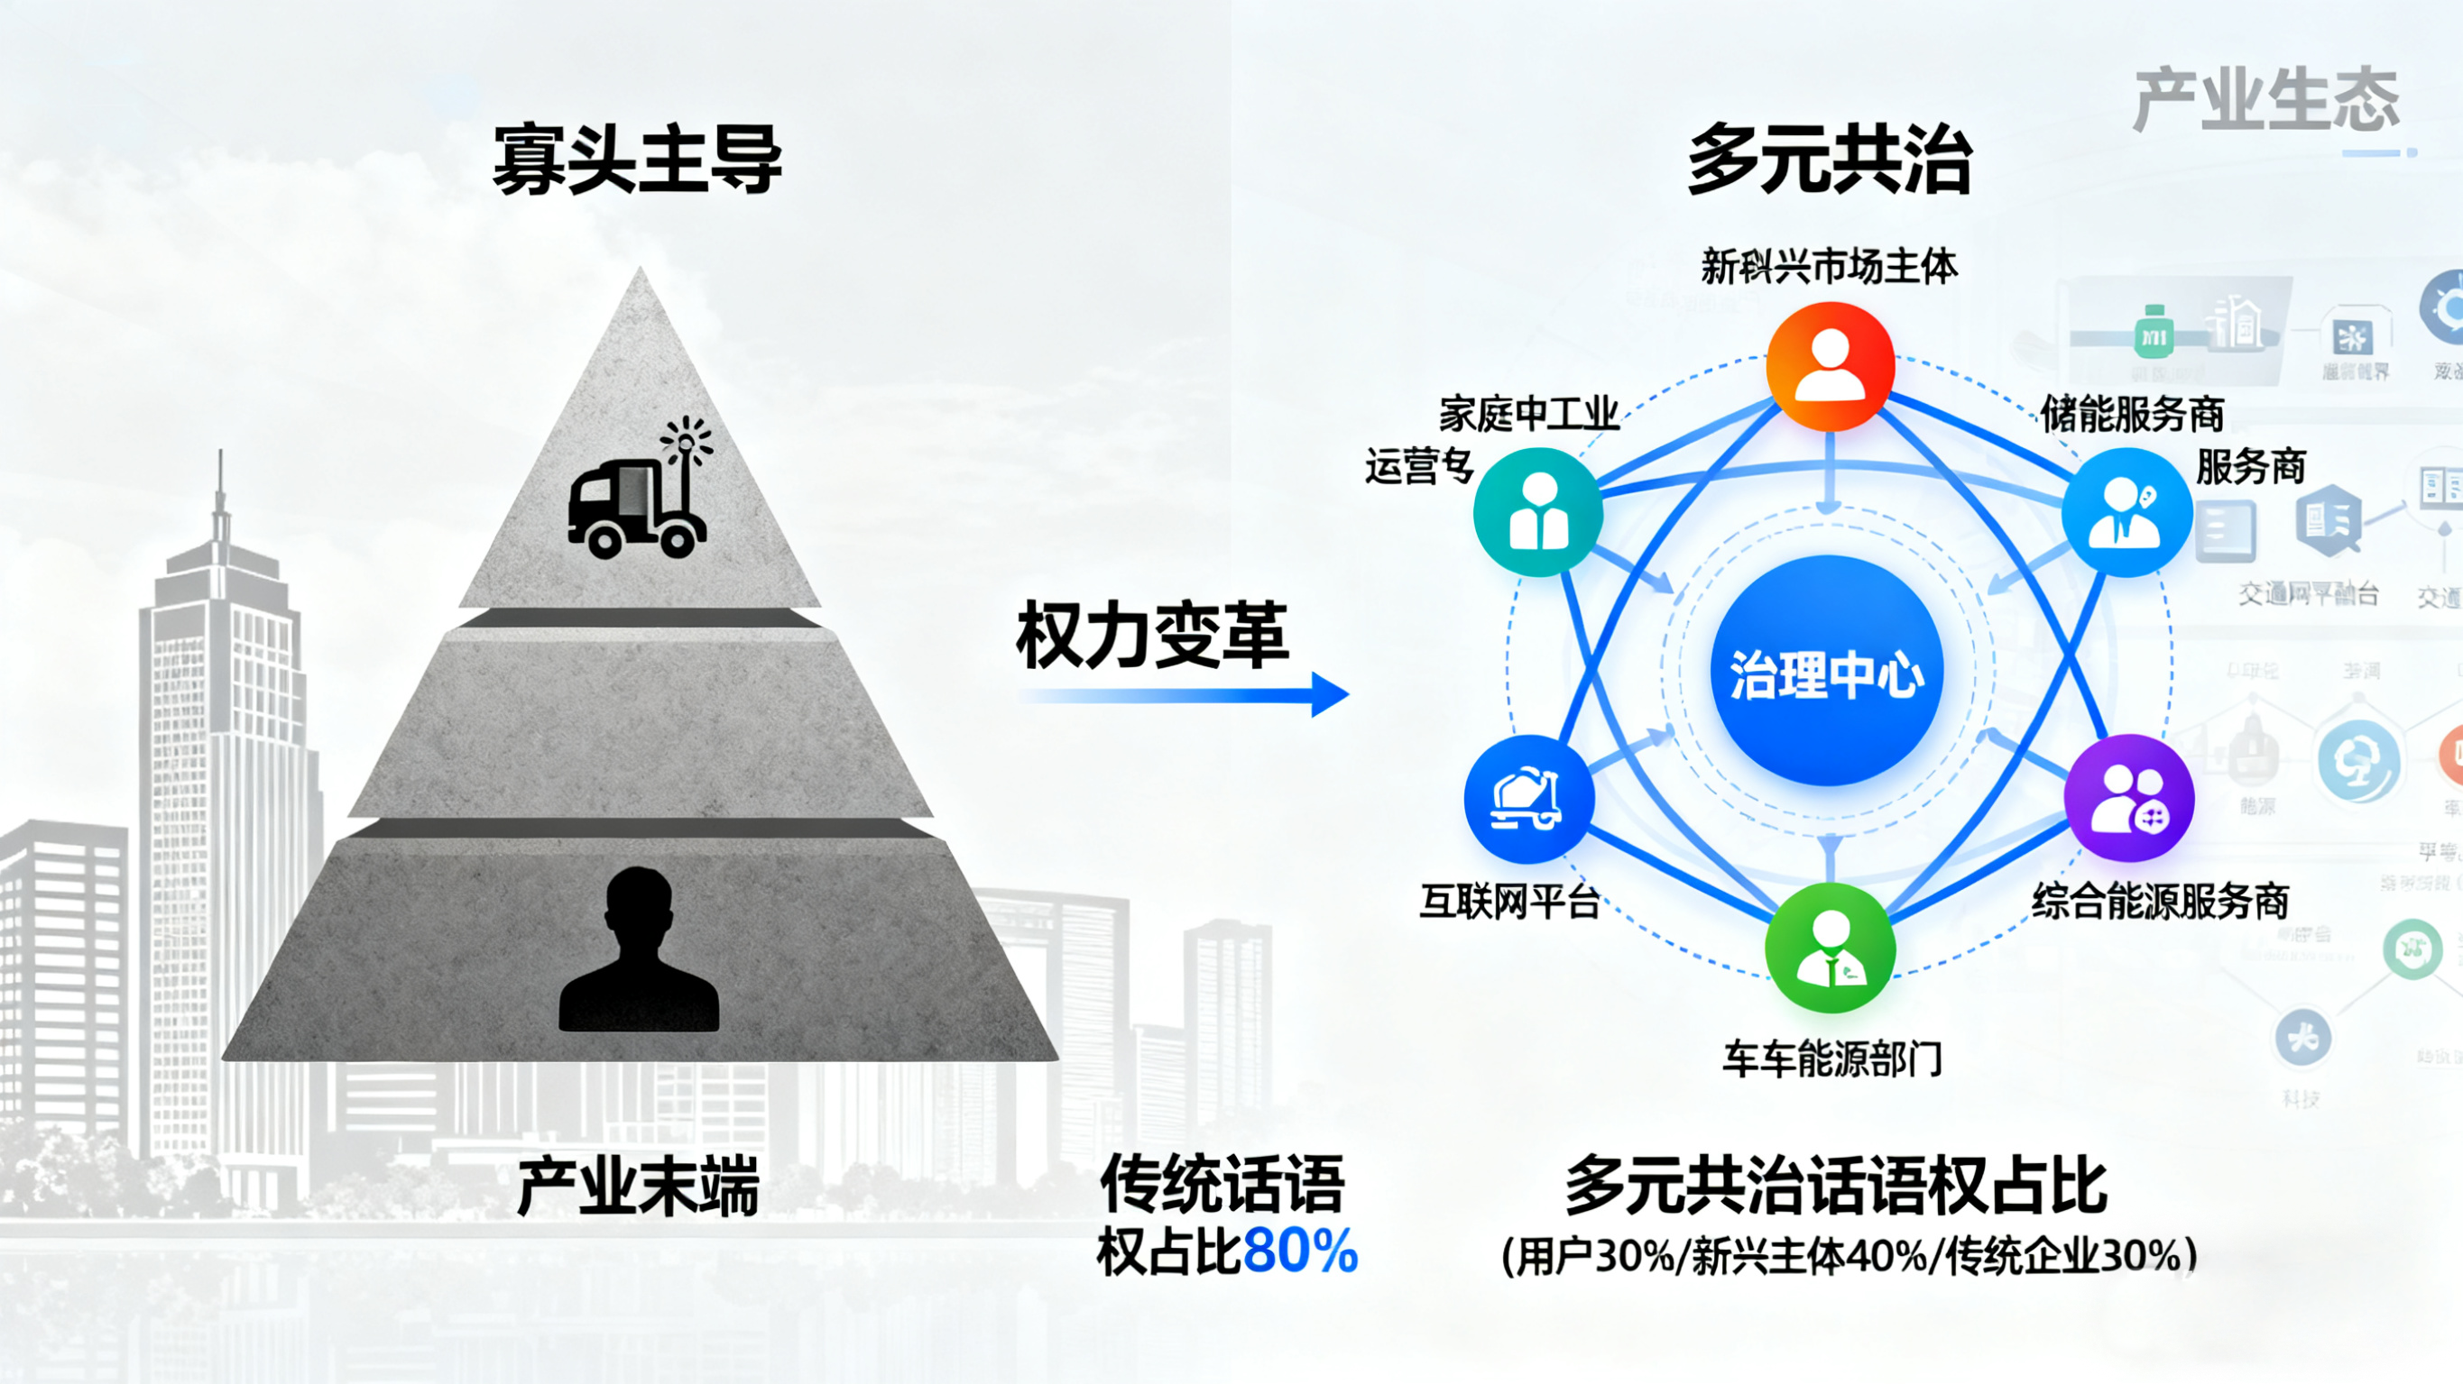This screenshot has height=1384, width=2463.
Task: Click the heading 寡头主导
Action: (x=637, y=160)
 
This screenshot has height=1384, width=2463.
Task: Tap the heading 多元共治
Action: (x=1829, y=160)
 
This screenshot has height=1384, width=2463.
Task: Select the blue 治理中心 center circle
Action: (x=1827, y=672)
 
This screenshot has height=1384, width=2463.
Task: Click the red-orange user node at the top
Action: (x=1830, y=366)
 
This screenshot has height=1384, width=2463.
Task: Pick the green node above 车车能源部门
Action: (x=1830, y=949)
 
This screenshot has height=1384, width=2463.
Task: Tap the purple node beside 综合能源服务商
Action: (x=2129, y=799)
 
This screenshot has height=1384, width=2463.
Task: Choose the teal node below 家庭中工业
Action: (x=1538, y=512)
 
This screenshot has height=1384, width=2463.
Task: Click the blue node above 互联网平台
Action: (x=1529, y=799)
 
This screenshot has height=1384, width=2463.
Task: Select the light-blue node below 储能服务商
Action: (x=2126, y=512)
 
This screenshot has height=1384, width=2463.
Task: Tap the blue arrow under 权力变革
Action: (x=1185, y=695)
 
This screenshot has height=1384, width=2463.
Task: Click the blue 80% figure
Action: (x=1300, y=1251)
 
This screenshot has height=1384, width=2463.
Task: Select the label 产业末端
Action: (x=638, y=1187)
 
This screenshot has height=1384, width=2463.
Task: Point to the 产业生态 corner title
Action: (x=2266, y=99)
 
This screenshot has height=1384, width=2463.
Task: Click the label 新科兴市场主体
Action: (x=1829, y=267)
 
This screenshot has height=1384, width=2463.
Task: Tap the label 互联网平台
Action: (x=1508, y=902)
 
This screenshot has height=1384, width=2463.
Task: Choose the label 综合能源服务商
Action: (x=2160, y=902)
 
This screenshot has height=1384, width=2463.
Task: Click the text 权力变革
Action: (x=1152, y=636)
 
